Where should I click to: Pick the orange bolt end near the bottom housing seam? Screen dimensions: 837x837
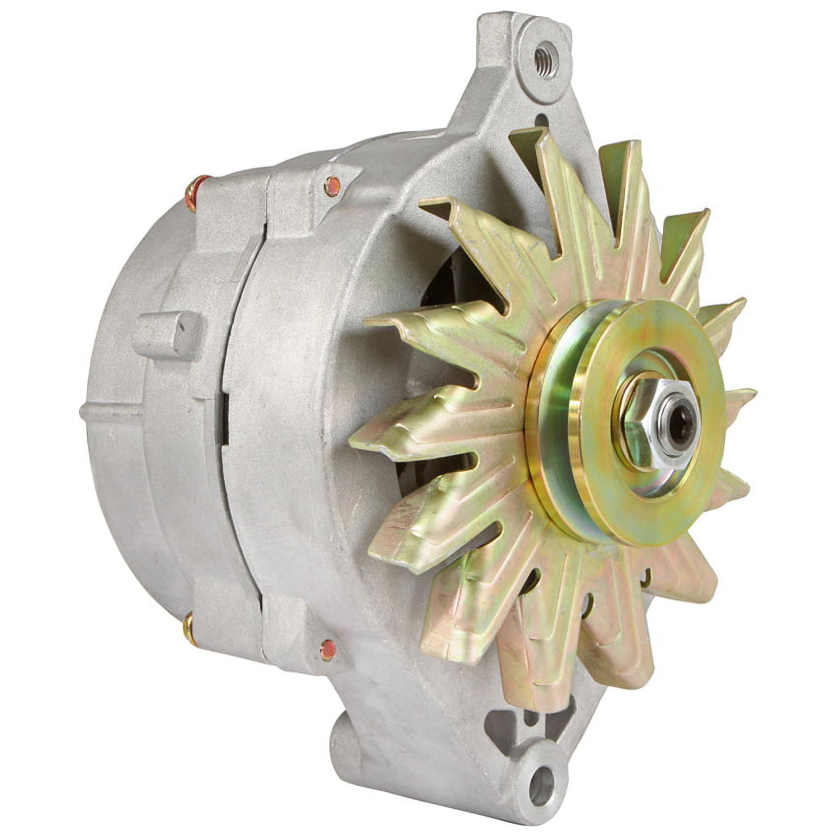click(x=326, y=650)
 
